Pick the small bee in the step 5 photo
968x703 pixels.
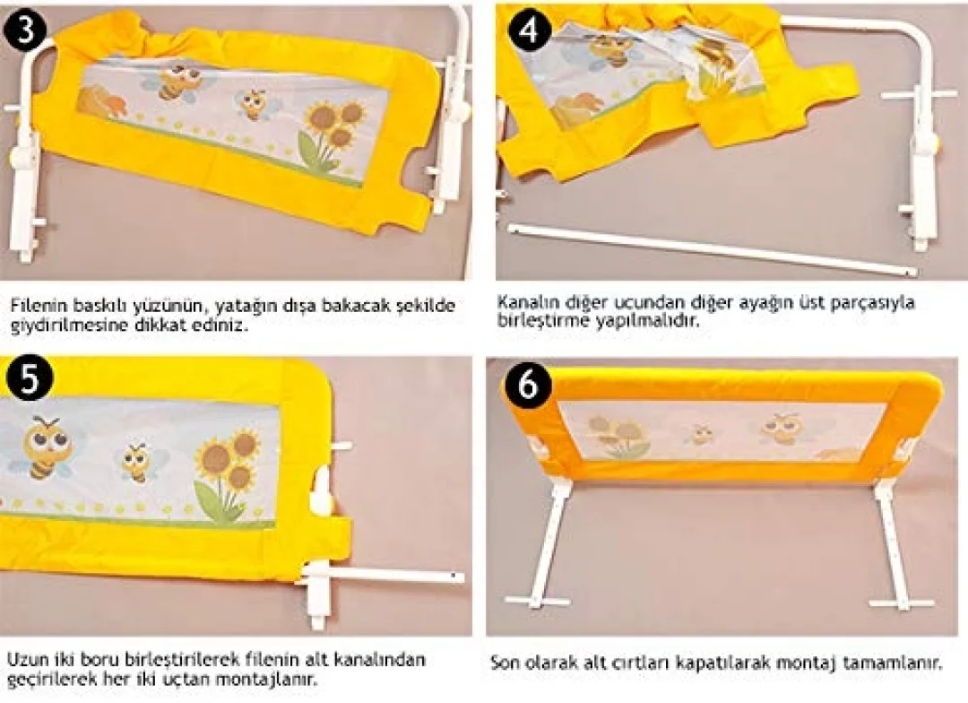[x=139, y=462]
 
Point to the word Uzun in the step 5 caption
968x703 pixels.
[x=24, y=659]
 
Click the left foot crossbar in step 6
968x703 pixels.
[x=538, y=601]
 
